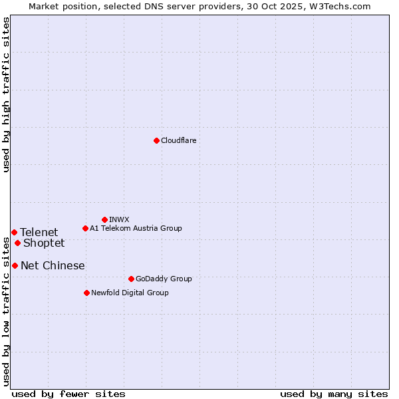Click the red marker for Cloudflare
pyautogui.click(x=156, y=140)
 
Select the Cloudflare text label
pyautogui.click(x=178, y=140)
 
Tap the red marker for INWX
pyautogui.click(x=104, y=219)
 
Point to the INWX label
pyautogui.click(x=119, y=219)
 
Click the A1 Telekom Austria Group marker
pyautogui.click(x=85, y=228)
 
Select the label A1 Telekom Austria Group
pyautogui.click(x=136, y=228)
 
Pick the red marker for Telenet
pyautogui.click(x=14, y=232)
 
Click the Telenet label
pyautogui.click(x=39, y=232)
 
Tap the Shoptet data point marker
pyautogui.click(x=17, y=243)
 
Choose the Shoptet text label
pyautogui.click(x=44, y=243)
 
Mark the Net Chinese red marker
pyautogui.click(x=15, y=265)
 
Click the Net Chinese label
pyautogui.click(x=53, y=265)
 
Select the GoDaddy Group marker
pyautogui.click(x=131, y=279)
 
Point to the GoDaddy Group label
pyautogui.click(x=164, y=279)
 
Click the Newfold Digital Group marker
pyautogui.click(x=86, y=293)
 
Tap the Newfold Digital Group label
pyautogui.click(x=130, y=293)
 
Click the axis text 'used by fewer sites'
pyautogui.click(x=68, y=394)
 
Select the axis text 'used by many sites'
pyautogui.click(x=334, y=394)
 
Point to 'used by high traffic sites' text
pyautogui.click(x=6, y=94)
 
